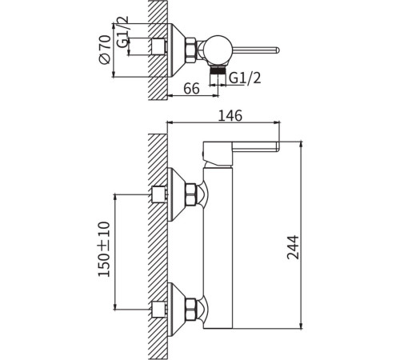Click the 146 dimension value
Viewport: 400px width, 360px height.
click(x=230, y=115)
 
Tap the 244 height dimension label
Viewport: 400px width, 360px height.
click(x=293, y=247)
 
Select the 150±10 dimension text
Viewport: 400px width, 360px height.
click(x=104, y=249)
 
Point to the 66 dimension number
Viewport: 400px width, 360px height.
click(x=191, y=89)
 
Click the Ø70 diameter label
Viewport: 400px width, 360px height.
click(x=105, y=50)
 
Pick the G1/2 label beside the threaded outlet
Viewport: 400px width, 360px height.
click(x=245, y=78)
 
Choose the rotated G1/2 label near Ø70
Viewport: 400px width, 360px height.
click(x=122, y=31)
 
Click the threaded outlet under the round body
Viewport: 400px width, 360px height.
click(x=218, y=71)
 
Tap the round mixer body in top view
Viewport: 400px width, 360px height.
click(x=218, y=50)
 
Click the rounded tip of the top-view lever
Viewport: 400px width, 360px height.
click(x=278, y=50)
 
